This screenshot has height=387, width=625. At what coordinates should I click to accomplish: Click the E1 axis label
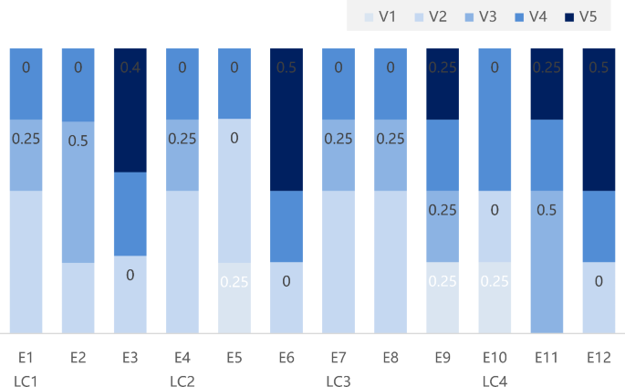[x=26, y=357]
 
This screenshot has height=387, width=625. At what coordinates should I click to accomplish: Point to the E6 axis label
[x=286, y=357]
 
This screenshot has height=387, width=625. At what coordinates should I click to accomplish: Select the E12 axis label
[x=599, y=357]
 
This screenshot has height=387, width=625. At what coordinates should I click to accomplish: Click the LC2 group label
[x=182, y=378]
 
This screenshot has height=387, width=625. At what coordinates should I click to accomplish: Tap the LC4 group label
[x=495, y=378]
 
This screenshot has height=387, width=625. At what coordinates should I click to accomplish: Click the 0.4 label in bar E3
[x=130, y=67]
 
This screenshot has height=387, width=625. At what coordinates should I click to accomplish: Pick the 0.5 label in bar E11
[x=547, y=210]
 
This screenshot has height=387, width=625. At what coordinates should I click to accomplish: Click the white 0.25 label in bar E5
[x=234, y=281]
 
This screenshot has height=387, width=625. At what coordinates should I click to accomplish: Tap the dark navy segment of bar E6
[x=286, y=119]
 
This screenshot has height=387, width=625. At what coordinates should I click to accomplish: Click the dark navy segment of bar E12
[x=599, y=119]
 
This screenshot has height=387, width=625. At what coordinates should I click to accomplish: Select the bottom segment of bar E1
[x=26, y=262]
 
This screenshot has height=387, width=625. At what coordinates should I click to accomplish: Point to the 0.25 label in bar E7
[x=339, y=139]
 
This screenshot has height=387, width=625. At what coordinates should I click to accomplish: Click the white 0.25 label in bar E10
[x=495, y=281]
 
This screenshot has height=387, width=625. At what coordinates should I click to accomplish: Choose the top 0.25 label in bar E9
[x=443, y=67]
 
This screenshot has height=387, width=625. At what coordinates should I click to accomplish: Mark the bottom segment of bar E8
[x=391, y=262]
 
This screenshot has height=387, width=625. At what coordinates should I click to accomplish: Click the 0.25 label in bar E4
[x=182, y=139]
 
